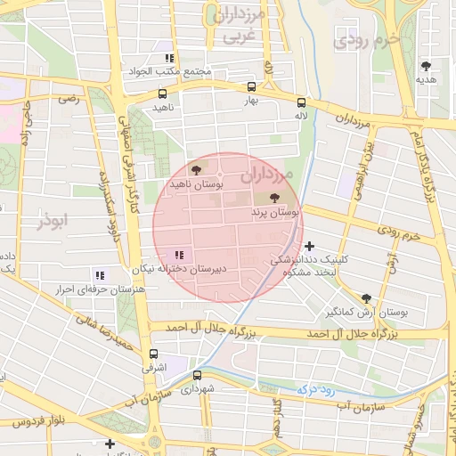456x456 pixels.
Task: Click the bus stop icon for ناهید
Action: pyautogui.click(x=162, y=93)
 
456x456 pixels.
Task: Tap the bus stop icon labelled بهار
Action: pyautogui.click(x=251, y=87)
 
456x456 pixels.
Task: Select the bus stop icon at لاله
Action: pyautogui.click(x=301, y=102)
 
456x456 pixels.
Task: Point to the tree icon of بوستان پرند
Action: pyautogui.click(x=273, y=199)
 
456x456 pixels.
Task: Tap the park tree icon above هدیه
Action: pyautogui.click(x=426, y=66)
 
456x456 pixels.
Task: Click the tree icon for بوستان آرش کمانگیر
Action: pyautogui.click(x=366, y=298)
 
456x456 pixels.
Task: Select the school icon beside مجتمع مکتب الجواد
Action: pyautogui.click(x=169, y=58)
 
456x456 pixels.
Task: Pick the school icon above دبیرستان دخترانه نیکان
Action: pyautogui.click(x=181, y=255)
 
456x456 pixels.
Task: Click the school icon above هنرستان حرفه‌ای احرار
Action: pyautogui.click(x=100, y=275)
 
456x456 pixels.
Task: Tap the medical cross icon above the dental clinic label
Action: pyautogui.click(x=309, y=245)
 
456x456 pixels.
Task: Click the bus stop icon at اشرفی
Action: pyautogui.click(x=151, y=353)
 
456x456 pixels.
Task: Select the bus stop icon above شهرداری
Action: pyautogui.click(x=197, y=375)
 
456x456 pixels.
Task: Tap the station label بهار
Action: pyautogui.click(x=256, y=102)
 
